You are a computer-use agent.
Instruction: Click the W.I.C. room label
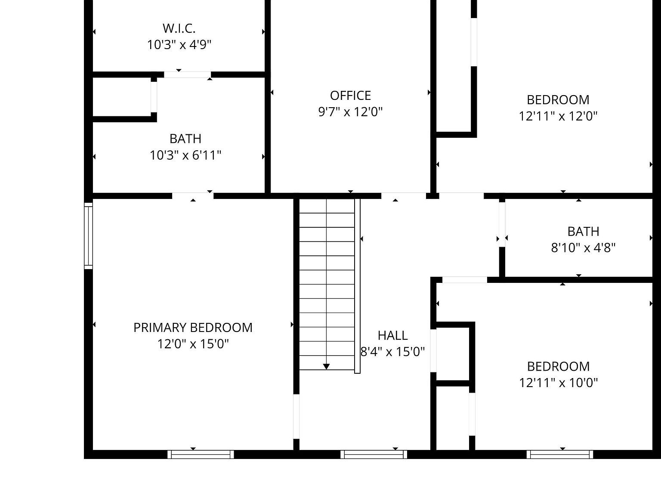click(x=179, y=28)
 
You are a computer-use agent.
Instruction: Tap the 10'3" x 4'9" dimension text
click(x=179, y=44)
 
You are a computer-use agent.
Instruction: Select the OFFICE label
click(x=350, y=95)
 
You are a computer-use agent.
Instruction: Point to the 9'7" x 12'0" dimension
click(x=350, y=112)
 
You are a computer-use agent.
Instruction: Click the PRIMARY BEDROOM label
click(x=193, y=328)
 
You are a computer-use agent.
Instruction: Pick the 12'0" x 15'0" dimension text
click(x=193, y=344)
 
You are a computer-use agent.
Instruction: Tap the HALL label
click(x=392, y=335)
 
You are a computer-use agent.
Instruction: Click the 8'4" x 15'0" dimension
click(x=392, y=352)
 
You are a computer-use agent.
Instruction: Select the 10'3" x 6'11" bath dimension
click(x=185, y=155)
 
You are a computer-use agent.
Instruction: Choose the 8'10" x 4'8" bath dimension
click(x=583, y=248)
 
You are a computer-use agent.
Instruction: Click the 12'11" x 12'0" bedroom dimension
click(x=558, y=116)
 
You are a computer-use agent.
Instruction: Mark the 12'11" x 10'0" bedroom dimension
click(x=558, y=383)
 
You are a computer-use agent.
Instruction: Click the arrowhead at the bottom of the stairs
click(x=326, y=366)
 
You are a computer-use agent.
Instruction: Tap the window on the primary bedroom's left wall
click(x=88, y=236)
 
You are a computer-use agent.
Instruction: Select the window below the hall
click(x=374, y=454)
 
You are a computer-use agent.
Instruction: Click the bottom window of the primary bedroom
click(x=201, y=454)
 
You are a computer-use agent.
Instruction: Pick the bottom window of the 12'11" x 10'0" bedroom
click(x=559, y=454)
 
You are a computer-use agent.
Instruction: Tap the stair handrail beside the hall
click(x=357, y=286)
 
